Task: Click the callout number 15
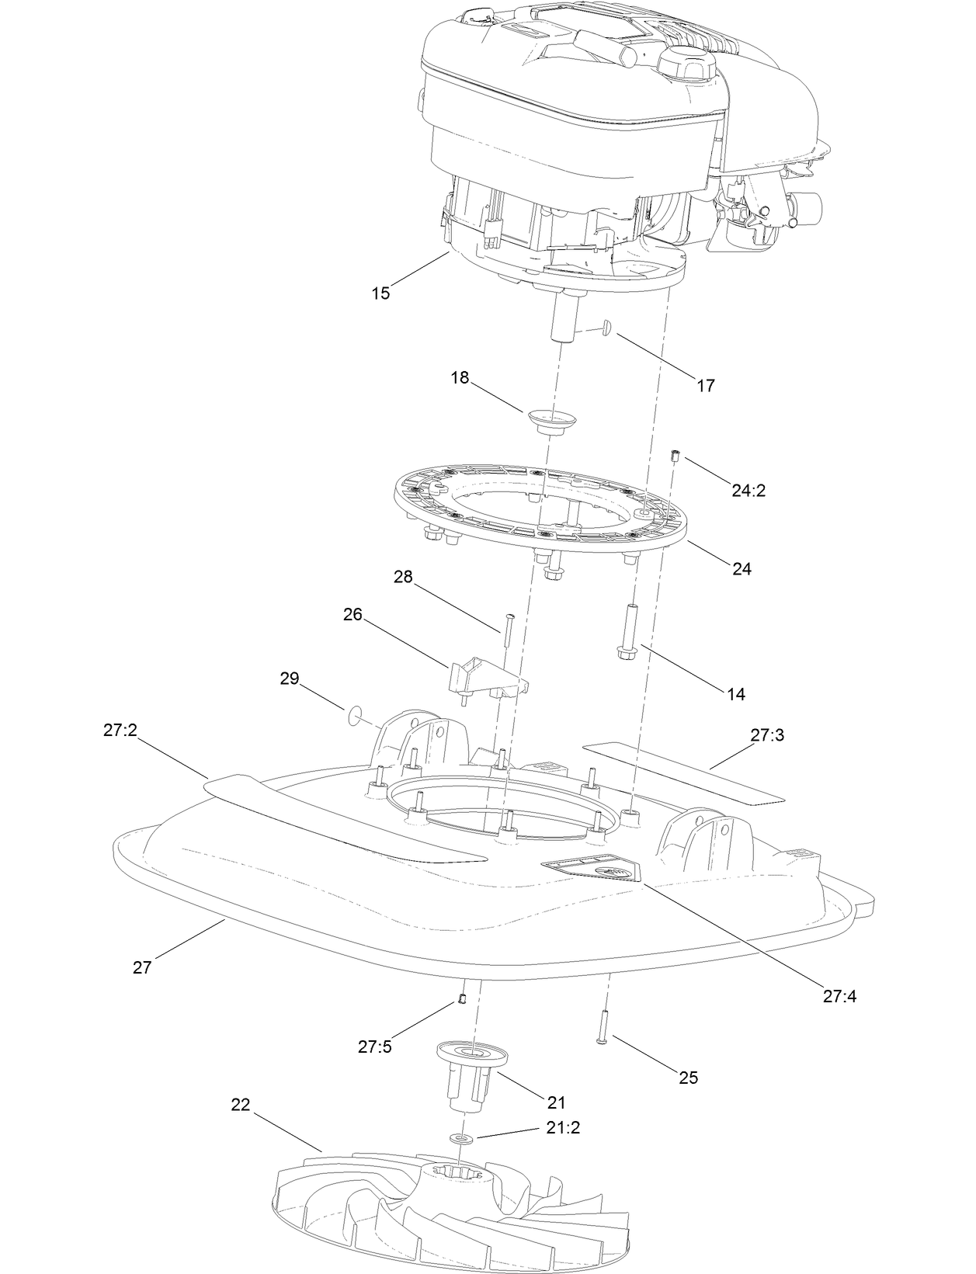tap(380, 293)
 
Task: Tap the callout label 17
tap(706, 385)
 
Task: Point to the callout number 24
tap(742, 568)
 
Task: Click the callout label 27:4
tap(839, 996)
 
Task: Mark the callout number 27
tap(142, 967)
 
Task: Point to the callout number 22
tap(241, 1105)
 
